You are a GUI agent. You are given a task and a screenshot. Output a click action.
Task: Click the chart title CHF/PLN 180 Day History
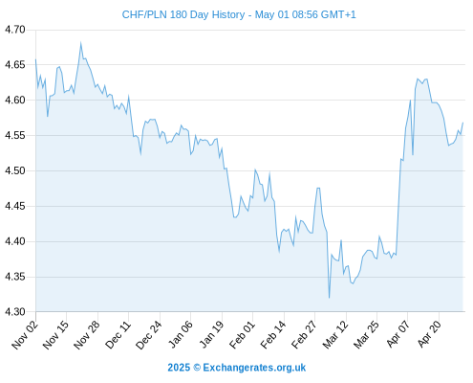tap(183, 14)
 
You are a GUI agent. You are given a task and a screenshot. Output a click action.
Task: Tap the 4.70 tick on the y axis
tap(15, 30)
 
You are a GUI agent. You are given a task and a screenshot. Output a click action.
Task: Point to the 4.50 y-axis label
tap(15, 170)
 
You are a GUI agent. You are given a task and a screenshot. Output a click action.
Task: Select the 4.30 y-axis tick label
tap(15, 312)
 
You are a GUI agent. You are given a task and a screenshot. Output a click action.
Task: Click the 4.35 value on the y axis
tap(15, 277)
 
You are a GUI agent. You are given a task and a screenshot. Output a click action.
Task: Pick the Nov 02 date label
tap(25, 335)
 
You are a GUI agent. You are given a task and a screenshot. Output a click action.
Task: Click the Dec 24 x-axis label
tap(149, 335)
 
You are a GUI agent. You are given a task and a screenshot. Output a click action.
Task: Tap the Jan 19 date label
tap(211, 335)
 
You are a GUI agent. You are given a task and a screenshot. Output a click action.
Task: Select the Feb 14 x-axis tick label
tap(273, 335)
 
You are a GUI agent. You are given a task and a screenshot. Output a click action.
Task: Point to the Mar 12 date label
tap(335, 335)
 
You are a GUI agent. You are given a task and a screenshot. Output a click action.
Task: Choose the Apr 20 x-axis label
tap(430, 333)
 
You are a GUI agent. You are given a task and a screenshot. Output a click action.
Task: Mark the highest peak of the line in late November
tap(80, 43)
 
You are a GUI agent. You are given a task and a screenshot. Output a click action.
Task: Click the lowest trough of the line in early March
tap(329, 298)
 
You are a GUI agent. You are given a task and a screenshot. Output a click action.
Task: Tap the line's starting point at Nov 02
tap(35, 59)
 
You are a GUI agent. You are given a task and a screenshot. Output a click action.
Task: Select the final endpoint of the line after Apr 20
tap(462, 123)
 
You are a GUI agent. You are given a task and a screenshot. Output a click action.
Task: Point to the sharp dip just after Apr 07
tap(413, 155)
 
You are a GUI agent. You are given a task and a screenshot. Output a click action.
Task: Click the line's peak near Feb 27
tap(318, 188)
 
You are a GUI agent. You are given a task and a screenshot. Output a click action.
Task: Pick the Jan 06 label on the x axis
tap(180, 335)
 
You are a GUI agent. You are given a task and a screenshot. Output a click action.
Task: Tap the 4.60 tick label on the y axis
tap(15, 100)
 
